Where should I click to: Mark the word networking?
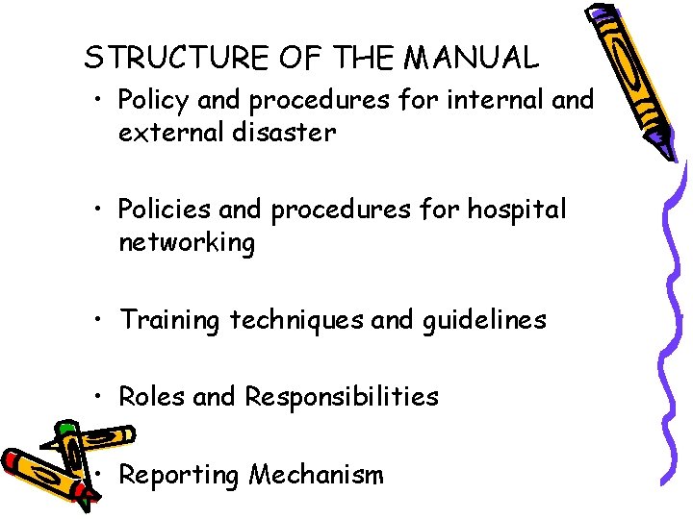(x=187, y=243)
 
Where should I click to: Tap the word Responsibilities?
(x=342, y=397)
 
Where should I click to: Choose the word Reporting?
(x=180, y=475)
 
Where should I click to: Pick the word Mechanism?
(x=316, y=474)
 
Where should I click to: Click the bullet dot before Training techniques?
(x=103, y=320)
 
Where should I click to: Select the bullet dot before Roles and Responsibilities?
(x=103, y=396)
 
